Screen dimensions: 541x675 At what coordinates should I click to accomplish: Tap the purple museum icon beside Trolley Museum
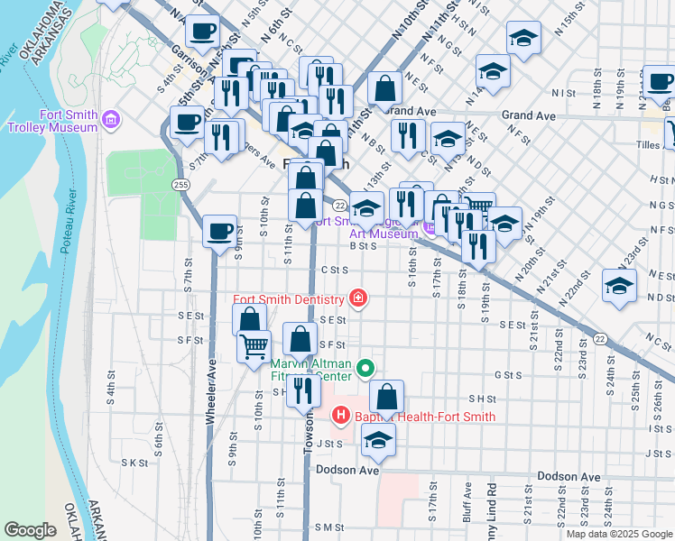112,118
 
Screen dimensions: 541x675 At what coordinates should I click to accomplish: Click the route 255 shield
180,184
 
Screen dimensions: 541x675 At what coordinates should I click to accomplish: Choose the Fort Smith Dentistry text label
289,299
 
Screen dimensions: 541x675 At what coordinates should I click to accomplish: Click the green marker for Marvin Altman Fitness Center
365,368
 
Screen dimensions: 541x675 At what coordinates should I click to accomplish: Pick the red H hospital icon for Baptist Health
340,416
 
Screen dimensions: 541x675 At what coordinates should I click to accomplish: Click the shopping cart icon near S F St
254,344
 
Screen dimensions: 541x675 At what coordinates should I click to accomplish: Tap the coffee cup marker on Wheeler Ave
219,231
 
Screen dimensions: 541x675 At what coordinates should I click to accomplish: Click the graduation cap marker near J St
378,439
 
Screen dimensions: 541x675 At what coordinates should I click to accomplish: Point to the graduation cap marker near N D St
619,286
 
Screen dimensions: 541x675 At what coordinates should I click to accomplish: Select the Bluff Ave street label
467,500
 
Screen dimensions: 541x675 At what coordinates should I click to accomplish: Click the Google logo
30,530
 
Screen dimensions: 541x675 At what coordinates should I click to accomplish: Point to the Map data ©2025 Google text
618,534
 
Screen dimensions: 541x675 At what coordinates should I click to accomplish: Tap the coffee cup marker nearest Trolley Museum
187,122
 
